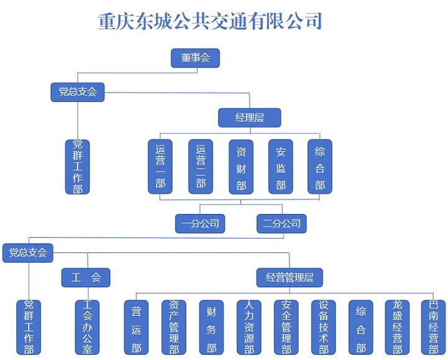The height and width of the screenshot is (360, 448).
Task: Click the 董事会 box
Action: (196, 58)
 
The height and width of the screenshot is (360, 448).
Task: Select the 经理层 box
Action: (250, 118)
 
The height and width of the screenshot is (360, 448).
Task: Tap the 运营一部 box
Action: (161, 167)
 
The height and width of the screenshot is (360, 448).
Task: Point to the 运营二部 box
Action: (201, 167)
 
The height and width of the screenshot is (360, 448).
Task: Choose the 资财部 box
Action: (241, 167)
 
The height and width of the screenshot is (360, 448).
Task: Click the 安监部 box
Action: (281, 167)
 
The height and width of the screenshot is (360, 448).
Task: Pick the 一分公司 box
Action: (199, 223)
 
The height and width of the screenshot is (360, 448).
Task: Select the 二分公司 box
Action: (281, 223)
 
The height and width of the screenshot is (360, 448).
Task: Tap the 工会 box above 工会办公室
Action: (86, 277)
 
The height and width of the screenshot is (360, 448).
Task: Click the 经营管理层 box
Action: (290, 277)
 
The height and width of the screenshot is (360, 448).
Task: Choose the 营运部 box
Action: (136, 328)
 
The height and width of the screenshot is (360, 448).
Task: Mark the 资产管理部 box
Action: (174, 328)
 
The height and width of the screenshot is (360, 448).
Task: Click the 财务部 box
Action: (211, 328)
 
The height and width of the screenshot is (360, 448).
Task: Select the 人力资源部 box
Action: (249, 328)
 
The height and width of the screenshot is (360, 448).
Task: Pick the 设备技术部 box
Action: (324, 328)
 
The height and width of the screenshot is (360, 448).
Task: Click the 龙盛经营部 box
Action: (398, 328)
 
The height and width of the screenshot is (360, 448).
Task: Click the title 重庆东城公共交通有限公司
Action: (210, 21)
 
